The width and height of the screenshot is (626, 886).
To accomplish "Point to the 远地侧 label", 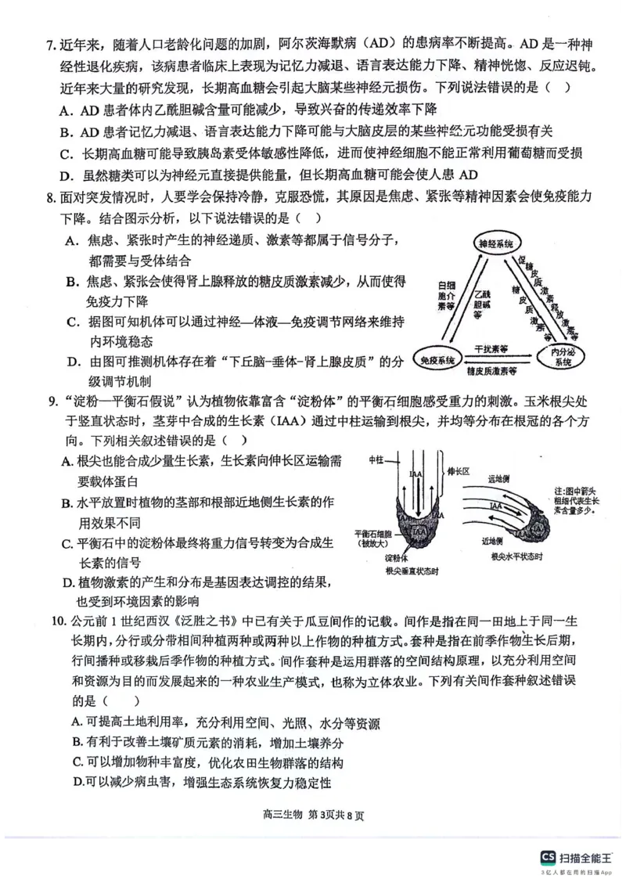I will click(x=498, y=478).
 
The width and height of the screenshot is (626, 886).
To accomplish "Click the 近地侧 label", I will click(x=494, y=540).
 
